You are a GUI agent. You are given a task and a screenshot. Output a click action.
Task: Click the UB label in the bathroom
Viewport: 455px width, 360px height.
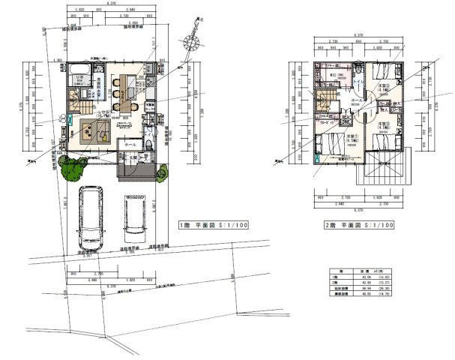[76, 78]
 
